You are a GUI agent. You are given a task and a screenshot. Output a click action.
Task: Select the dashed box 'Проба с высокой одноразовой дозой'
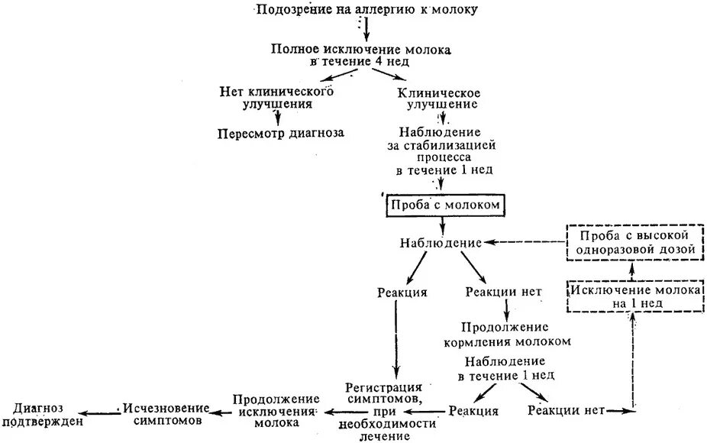[x=631, y=241]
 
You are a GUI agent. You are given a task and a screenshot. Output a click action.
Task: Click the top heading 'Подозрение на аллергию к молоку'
[x=367, y=9]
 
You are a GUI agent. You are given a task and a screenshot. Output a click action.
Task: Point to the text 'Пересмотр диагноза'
[x=280, y=132]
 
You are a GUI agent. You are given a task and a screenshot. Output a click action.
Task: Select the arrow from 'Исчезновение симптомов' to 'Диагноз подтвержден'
[x=102, y=415]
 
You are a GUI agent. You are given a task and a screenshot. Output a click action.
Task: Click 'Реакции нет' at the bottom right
[x=566, y=410]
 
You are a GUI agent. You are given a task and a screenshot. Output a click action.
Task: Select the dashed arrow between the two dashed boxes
[x=631, y=269]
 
